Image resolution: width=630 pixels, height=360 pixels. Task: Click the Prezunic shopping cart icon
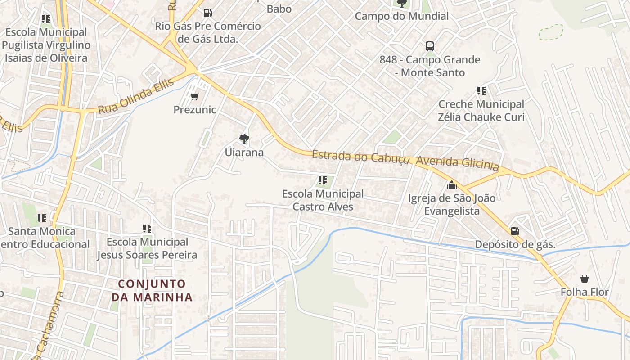(x=194, y=96)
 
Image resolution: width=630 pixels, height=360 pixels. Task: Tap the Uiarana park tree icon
(x=244, y=139)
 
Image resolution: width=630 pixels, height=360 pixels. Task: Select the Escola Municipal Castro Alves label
(x=323, y=200)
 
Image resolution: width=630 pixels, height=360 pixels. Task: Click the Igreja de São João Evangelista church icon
(x=451, y=185)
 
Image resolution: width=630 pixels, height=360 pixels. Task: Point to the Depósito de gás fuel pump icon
(x=515, y=231)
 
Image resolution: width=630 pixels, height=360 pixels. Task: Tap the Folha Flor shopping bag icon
(x=584, y=279)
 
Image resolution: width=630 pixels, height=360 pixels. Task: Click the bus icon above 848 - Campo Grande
(x=429, y=46)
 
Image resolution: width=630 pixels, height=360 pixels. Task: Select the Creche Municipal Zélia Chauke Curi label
(x=481, y=111)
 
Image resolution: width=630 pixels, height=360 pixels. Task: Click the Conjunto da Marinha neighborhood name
(x=152, y=291)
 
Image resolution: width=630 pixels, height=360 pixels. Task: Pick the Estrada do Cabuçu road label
(x=360, y=157)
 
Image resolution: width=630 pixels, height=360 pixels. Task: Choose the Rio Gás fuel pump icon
(x=207, y=13)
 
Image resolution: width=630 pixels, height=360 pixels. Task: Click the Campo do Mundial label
(x=401, y=16)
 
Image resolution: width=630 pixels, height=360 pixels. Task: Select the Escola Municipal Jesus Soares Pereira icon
(x=147, y=229)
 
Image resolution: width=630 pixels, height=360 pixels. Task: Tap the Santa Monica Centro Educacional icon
(x=42, y=218)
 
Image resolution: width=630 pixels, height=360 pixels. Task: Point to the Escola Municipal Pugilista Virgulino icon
(x=45, y=19)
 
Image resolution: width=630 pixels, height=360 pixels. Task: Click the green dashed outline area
(x=551, y=32)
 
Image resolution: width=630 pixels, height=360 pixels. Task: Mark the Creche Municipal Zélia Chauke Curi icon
(x=481, y=91)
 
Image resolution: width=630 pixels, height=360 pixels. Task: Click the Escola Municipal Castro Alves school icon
(x=322, y=180)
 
